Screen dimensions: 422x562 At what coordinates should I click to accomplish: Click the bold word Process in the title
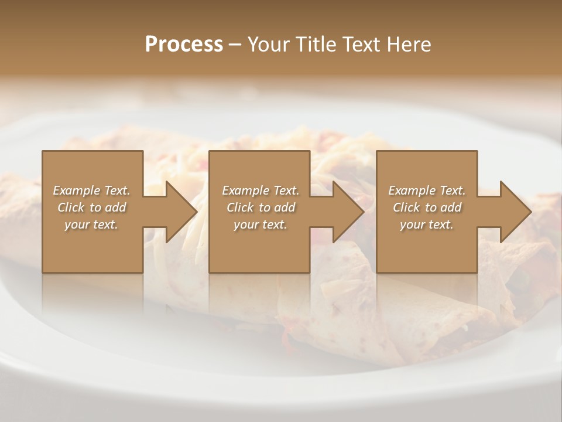pos(184,45)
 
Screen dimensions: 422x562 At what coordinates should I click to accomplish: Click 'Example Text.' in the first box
pos(91,190)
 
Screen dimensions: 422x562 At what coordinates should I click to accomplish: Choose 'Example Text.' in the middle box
pos(261,190)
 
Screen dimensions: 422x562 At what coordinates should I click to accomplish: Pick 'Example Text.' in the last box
pos(427,190)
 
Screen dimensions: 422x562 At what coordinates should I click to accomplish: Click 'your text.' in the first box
pos(91,224)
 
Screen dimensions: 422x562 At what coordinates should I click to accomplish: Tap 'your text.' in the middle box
pos(261,224)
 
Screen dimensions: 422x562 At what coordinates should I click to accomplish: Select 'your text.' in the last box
pos(427,224)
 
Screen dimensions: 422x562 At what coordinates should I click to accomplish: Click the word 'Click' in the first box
pos(71,207)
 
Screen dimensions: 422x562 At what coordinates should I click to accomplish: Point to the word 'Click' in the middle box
pos(240,207)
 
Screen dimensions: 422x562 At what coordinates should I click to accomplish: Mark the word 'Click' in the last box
pos(406,207)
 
